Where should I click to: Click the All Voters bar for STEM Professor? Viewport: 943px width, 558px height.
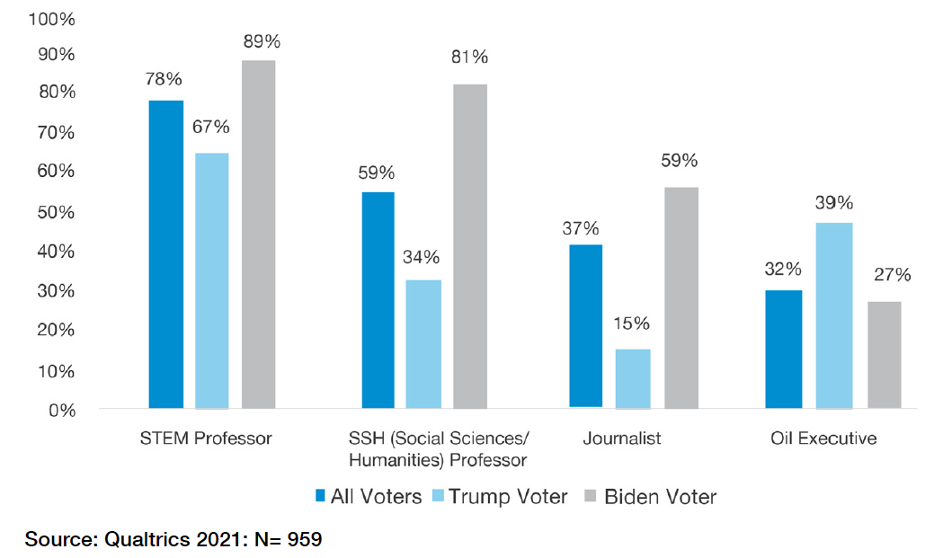coord(166,254)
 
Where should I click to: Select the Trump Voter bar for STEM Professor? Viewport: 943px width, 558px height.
coord(212,280)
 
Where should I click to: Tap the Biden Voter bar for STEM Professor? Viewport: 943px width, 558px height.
coord(259,235)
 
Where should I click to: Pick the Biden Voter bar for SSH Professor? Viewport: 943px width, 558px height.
coord(470,246)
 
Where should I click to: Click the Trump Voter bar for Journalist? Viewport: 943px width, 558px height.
coord(633,379)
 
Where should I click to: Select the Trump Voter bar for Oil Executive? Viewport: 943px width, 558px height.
coord(834,315)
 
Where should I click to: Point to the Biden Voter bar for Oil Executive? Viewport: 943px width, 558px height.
coord(884,355)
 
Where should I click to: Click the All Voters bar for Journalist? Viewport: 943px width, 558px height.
coord(586,326)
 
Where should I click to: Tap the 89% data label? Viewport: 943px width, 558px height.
coord(262,41)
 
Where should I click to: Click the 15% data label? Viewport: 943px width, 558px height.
coord(632,323)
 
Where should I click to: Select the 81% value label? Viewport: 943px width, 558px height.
coord(469,58)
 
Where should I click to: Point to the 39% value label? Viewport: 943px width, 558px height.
coord(834,203)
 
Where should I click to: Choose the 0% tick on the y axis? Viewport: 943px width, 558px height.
coord(62,411)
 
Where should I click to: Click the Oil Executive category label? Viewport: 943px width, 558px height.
coord(823,438)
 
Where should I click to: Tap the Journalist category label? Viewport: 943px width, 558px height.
coord(621,438)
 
